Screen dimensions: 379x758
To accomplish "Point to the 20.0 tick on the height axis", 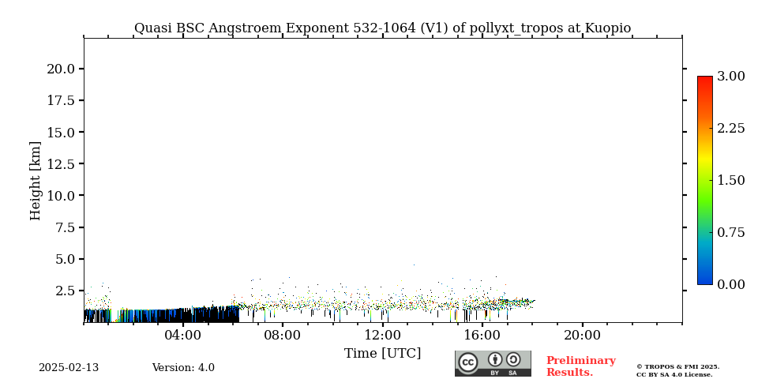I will point(61,69).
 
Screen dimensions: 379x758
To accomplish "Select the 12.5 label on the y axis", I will point(61,163).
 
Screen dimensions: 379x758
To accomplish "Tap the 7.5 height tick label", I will point(65,227).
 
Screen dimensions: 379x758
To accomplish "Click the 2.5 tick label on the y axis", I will point(65,291).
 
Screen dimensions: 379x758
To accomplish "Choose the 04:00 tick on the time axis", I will point(183,336).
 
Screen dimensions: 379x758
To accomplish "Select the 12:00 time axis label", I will point(383,336).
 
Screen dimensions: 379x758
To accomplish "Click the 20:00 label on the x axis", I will point(582,336).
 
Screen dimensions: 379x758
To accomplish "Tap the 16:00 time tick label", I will point(482,336).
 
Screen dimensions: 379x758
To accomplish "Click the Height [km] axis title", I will point(36,180).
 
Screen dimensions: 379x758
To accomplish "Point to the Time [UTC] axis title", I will point(382,354).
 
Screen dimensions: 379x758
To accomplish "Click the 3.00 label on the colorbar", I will point(730,77).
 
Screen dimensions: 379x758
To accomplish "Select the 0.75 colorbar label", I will point(730,232).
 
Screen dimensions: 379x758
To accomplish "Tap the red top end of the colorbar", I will point(704,80).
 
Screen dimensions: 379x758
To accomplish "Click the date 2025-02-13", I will point(69,368).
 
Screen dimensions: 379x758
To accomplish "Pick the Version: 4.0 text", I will point(183,368).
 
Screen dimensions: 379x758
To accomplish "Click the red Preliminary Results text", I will point(580,366).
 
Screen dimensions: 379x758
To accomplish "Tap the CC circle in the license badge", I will point(468,362).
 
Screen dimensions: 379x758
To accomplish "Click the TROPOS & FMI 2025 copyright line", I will point(677,366).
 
